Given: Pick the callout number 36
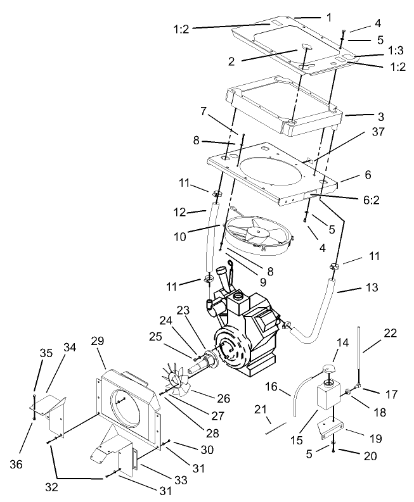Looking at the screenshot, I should (16, 464).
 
